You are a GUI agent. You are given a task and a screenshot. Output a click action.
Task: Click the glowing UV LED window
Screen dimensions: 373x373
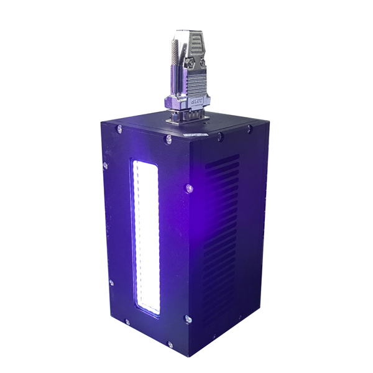[144, 236]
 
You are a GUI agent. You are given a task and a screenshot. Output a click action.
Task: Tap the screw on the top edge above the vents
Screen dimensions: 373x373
[250, 129]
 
